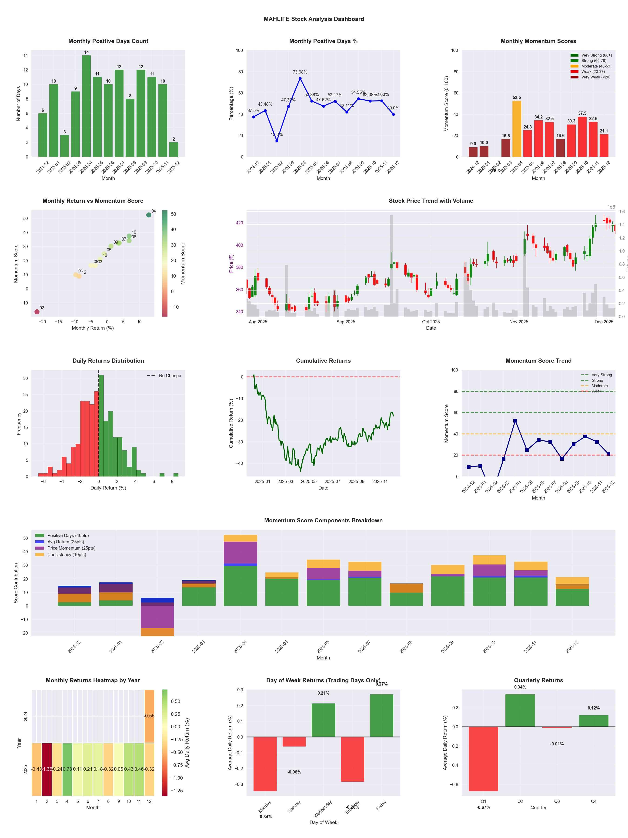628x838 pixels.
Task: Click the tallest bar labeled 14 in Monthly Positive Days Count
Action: tap(86, 106)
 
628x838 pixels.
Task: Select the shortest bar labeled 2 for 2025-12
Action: tap(174, 150)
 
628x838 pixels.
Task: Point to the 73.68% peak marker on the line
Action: tap(300, 78)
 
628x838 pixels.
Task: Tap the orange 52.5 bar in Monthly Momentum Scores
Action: tap(517, 129)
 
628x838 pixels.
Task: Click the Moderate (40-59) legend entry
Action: tap(596, 66)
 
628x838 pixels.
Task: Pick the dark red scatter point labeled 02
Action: tap(37, 312)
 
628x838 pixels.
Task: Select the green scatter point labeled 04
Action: tap(149, 215)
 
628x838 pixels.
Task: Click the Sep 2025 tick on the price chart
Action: tap(346, 322)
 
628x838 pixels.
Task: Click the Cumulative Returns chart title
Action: tap(323, 361)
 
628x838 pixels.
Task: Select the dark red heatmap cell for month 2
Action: tap(47, 769)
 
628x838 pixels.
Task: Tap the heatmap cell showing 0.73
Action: tap(67, 769)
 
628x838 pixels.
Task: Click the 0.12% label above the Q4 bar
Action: tap(594, 708)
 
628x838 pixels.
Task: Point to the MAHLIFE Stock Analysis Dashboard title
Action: tap(314, 19)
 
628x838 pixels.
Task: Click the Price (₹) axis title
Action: tap(231, 263)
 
